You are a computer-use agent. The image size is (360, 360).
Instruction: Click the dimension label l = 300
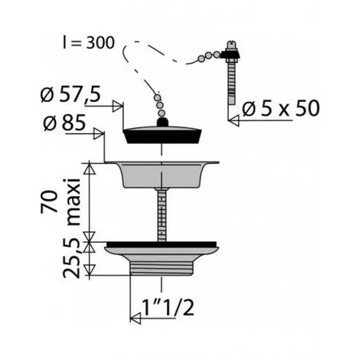coord(89,43)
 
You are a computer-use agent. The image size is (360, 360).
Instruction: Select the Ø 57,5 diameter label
coord(70,94)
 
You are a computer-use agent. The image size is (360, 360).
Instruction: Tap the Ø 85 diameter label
coord(64,123)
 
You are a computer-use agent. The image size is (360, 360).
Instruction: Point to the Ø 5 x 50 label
coord(281,108)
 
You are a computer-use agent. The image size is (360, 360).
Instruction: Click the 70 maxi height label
coord(61,201)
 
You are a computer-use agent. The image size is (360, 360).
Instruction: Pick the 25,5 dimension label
coord(71,258)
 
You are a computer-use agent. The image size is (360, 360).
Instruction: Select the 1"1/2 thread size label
coord(169,307)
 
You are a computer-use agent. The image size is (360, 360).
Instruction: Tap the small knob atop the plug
coord(162,122)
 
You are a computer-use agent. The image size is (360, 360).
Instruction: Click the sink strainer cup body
coord(162,175)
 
